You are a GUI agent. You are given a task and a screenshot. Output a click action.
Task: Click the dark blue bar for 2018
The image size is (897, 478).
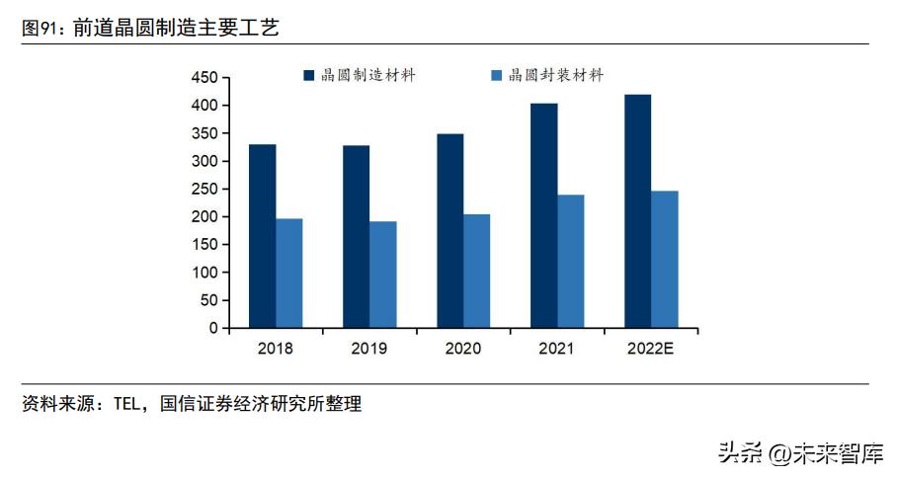click(x=262, y=236)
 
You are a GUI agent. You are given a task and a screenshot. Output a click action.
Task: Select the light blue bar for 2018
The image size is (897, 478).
click(x=288, y=273)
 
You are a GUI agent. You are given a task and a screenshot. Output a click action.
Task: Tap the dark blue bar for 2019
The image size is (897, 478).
click(x=356, y=236)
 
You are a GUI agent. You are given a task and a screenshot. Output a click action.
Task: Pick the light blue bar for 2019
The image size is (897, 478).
click(x=382, y=275)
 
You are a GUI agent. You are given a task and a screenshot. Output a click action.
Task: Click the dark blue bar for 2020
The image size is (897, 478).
click(x=449, y=231)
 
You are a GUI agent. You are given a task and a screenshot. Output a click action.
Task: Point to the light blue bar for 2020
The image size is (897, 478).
click(x=476, y=271)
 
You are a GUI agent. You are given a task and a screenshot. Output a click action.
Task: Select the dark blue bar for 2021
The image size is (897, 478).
click(x=543, y=215)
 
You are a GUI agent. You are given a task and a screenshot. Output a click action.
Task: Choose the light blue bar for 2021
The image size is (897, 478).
click(x=570, y=261)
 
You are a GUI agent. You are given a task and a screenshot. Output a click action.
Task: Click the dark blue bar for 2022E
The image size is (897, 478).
click(x=637, y=211)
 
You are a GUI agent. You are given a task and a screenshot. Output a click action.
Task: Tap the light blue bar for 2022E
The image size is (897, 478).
click(x=664, y=259)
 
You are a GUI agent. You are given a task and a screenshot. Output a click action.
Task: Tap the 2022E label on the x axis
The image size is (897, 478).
click(x=651, y=349)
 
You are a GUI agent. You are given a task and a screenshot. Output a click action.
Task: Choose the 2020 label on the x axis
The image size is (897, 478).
click(x=463, y=349)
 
